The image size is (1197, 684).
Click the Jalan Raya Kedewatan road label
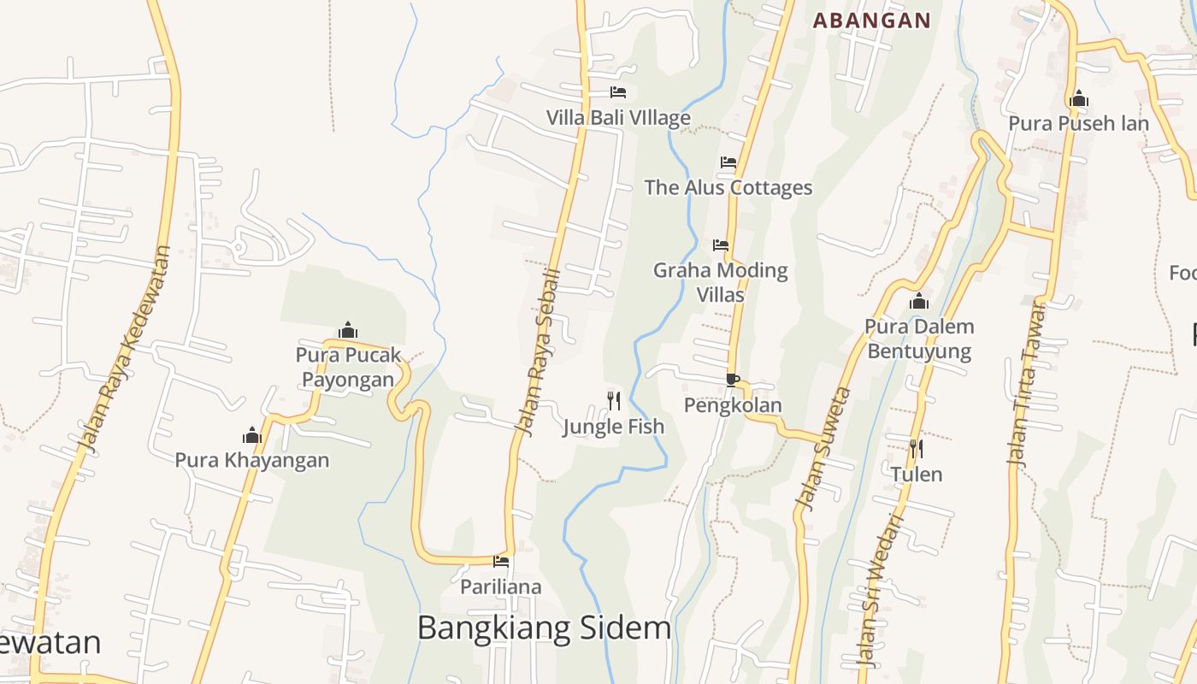click(x=126, y=349)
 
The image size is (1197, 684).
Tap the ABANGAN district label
click(x=871, y=21)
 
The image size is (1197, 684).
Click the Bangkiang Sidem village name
click(x=544, y=628)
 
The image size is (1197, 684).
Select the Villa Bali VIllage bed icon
click(x=618, y=92)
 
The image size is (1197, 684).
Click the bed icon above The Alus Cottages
click(x=728, y=162)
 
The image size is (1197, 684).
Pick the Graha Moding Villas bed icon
click(x=721, y=245)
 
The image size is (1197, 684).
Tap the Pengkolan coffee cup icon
click(x=732, y=379)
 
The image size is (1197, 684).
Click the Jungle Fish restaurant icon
click(x=614, y=400)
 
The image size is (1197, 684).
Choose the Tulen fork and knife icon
click(x=916, y=448)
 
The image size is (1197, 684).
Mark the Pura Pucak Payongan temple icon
click(x=348, y=330)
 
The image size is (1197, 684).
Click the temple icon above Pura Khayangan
click(x=252, y=435)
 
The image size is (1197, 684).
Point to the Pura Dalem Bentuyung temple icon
click(x=919, y=301)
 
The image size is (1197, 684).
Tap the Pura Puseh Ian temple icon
click(x=1078, y=98)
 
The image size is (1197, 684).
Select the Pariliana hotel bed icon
click(x=501, y=562)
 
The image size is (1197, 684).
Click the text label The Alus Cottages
click(x=728, y=187)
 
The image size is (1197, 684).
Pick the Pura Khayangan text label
click(x=252, y=460)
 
